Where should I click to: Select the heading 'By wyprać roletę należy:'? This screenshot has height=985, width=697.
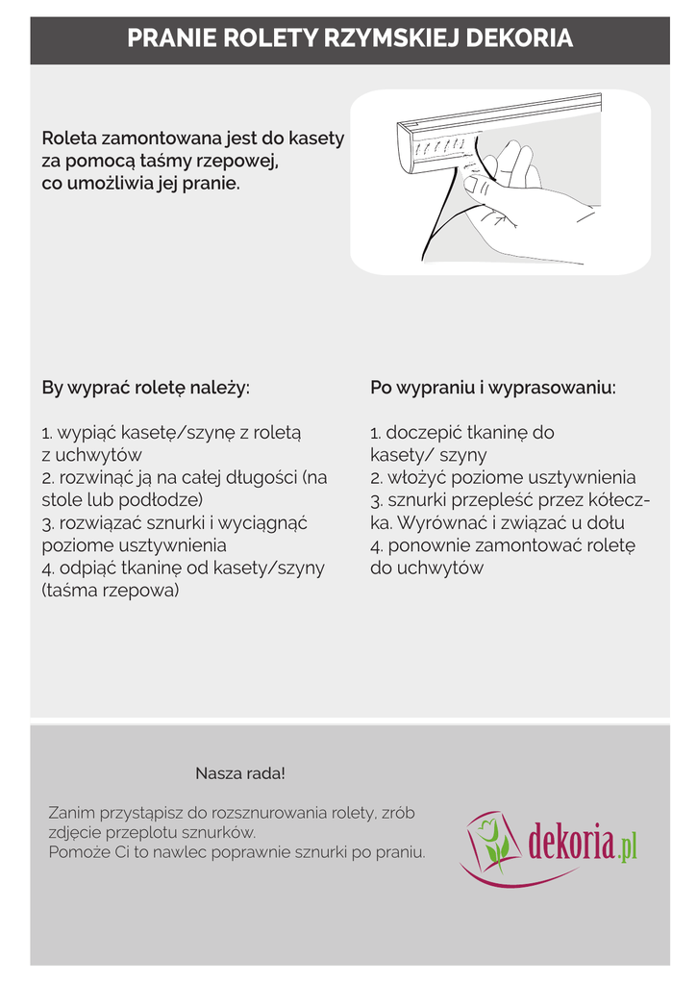pyautogui.click(x=145, y=389)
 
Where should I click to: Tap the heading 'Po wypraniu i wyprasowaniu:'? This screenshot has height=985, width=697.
pyautogui.click(x=493, y=389)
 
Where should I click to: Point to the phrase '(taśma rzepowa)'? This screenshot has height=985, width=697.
pyautogui.click(x=110, y=591)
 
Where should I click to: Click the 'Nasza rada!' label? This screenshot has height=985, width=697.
pyautogui.click(x=240, y=773)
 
